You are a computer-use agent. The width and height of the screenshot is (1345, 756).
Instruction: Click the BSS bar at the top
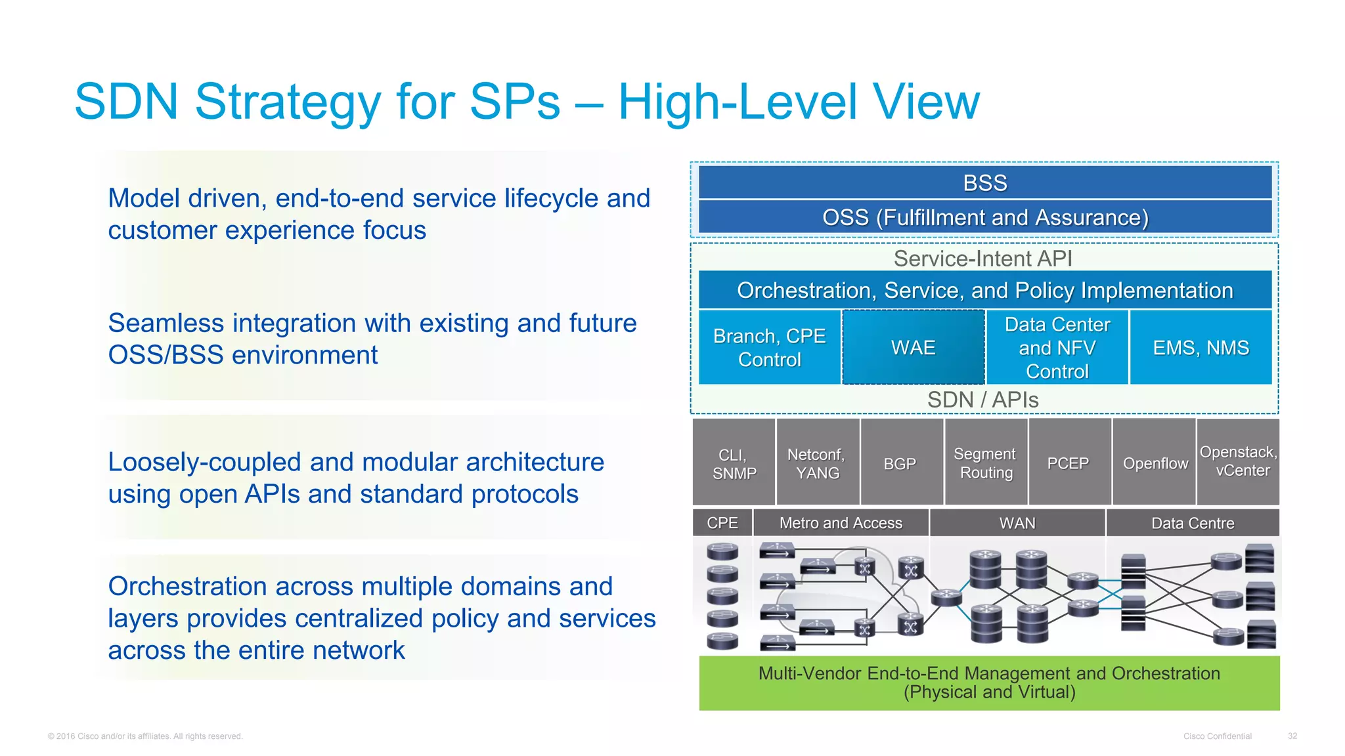[984, 182]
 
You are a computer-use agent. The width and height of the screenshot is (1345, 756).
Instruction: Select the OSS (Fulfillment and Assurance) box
[984, 217]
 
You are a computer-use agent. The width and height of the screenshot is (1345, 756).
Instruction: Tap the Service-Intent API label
[982, 259]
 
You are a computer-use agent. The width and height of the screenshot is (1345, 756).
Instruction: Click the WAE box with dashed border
[913, 347]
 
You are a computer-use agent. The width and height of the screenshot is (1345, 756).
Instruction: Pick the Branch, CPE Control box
[769, 347]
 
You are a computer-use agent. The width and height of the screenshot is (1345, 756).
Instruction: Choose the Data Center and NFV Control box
[1057, 347]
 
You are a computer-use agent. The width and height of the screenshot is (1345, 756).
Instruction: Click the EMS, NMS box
[1201, 347]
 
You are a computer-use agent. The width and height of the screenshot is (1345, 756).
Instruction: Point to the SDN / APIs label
[982, 400]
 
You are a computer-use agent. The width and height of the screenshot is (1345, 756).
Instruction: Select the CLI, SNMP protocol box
[734, 463]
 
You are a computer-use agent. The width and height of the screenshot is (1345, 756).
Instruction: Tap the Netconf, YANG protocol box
[817, 463]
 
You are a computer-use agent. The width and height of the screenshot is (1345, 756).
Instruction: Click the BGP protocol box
[900, 463]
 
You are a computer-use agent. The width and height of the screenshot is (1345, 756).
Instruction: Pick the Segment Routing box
[985, 463]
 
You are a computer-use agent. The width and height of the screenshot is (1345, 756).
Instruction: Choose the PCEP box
[1068, 463]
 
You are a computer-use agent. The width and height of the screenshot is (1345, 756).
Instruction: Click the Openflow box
[1155, 463]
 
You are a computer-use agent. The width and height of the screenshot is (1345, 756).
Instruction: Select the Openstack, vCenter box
[1239, 461]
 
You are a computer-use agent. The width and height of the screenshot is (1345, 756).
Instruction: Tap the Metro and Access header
[841, 523]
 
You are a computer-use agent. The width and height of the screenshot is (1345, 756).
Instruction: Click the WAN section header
[1017, 523]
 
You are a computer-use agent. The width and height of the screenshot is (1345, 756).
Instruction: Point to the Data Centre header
[1193, 523]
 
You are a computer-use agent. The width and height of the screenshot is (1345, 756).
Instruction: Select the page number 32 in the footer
[1292, 736]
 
